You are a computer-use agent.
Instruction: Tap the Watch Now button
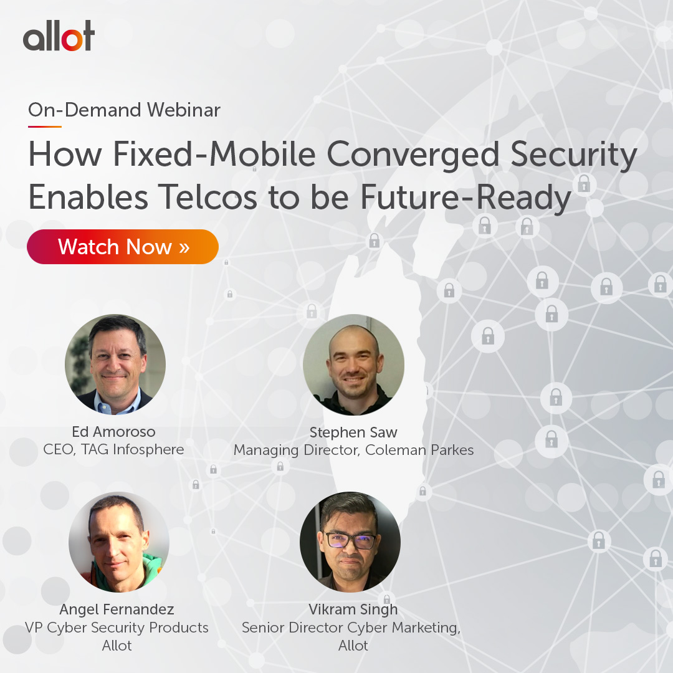pyautogui.click(x=123, y=247)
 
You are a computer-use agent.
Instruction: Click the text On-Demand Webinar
pyautogui.click(x=124, y=110)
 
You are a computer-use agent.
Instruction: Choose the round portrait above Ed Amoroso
pyautogui.click(x=115, y=365)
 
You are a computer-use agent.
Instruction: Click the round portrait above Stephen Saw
pyautogui.click(x=353, y=365)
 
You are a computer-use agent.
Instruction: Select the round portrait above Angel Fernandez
pyautogui.click(x=118, y=542)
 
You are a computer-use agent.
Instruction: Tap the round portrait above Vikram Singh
pyautogui.click(x=350, y=542)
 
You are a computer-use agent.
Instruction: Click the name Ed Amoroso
pyautogui.click(x=114, y=432)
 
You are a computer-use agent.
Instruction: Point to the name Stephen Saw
pyautogui.click(x=353, y=432)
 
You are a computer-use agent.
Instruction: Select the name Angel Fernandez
pyautogui.click(x=117, y=609)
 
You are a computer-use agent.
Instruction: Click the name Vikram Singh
pyautogui.click(x=353, y=609)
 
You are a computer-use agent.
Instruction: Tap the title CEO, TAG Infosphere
pyautogui.click(x=114, y=449)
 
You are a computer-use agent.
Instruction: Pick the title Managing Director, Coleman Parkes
pyautogui.click(x=353, y=450)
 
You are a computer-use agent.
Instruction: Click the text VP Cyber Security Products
pyautogui.click(x=117, y=627)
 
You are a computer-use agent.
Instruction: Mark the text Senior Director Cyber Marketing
pyautogui.click(x=351, y=628)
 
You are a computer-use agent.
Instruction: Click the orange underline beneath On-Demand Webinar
pyautogui.click(x=44, y=126)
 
